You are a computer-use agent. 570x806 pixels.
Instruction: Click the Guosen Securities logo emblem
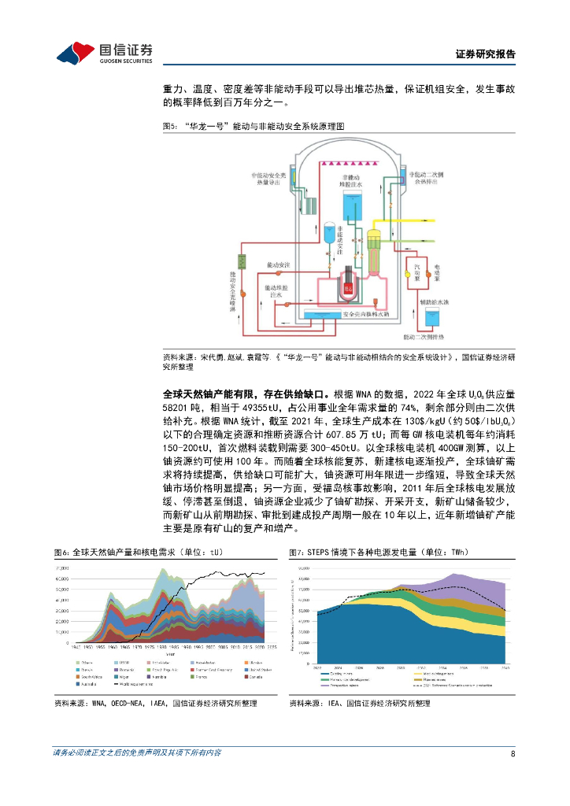[76, 53]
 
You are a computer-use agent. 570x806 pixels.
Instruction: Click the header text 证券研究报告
[486, 54]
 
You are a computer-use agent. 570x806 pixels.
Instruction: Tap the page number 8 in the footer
[513, 752]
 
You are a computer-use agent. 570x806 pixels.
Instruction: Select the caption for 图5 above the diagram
[254, 126]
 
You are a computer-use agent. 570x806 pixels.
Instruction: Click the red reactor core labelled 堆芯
[346, 289]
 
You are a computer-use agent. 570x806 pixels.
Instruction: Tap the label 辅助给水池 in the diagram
[432, 301]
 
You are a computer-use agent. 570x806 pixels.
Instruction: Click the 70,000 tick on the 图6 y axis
[60, 568]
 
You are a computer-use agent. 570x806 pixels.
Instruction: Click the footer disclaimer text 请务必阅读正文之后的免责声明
[137, 752]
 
